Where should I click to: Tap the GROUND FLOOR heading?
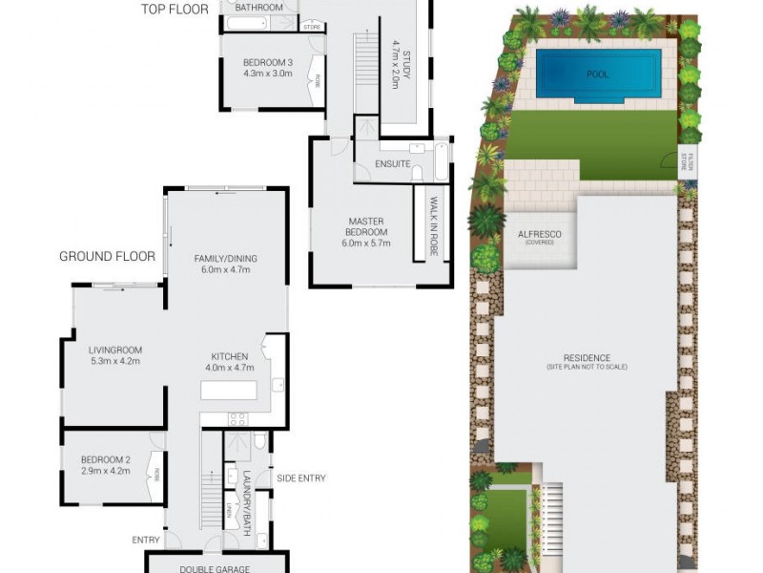[x=107, y=256]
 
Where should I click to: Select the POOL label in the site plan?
[x=598, y=74]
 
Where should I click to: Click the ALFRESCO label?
[x=539, y=234]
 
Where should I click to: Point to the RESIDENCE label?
[x=587, y=358]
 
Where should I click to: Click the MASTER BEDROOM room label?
[x=367, y=226]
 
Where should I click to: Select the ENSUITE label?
[x=393, y=163]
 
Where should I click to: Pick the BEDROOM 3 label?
[x=267, y=63]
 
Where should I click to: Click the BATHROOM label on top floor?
[x=259, y=8]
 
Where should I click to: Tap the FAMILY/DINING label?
[x=226, y=258]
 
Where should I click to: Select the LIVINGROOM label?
[x=114, y=350]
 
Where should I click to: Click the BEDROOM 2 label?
[x=105, y=459]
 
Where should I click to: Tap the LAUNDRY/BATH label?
[x=246, y=502]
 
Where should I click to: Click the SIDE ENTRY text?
[x=300, y=477]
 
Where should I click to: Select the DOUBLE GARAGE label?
[x=216, y=568]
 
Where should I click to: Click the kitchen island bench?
[x=228, y=392]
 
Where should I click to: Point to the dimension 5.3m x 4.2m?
[x=114, y=361]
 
